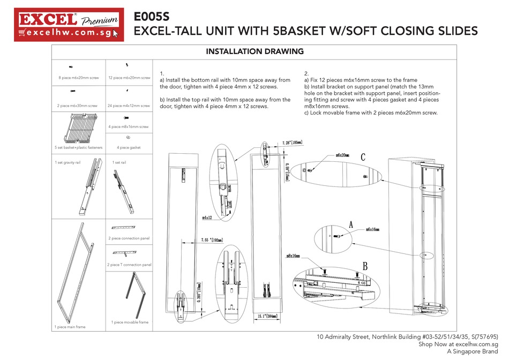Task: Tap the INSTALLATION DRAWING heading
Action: [254, 52]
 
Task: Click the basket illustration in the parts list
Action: [79, 127]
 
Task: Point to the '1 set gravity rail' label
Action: [68, 162]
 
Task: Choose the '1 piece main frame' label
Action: [70, 326]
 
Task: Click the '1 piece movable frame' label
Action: [130, 322]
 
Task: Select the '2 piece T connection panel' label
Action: [130, 265]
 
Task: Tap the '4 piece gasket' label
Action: [129, 147]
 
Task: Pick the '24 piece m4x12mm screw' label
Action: [129, 105]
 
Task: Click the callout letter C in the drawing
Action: [363, 157]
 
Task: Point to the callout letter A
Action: [351, 226]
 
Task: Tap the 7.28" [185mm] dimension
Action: [293, 143]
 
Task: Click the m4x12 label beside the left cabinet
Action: [208, 217]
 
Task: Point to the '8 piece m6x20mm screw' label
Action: [79, 78]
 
